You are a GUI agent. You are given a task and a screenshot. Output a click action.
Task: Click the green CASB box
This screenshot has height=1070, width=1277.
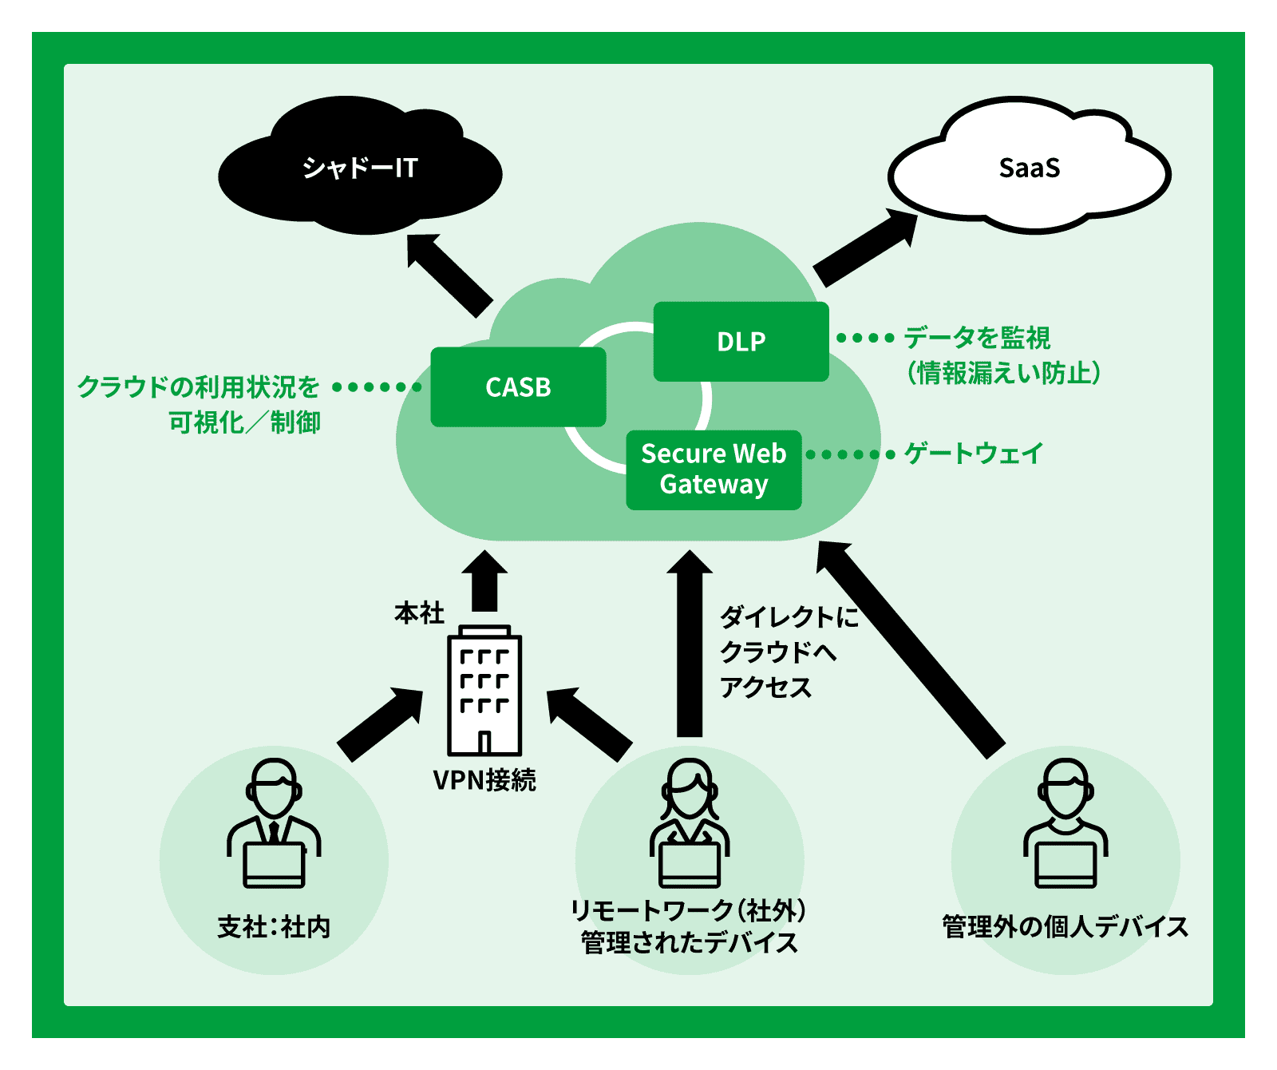pyautogui.click(x=518, y=387)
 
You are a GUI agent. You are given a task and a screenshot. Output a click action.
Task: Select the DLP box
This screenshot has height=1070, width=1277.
pyautogui.click(x=741, y=342)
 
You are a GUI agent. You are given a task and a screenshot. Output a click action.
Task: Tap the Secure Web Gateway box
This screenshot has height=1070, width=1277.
pyautogui.click(x=714, y=470)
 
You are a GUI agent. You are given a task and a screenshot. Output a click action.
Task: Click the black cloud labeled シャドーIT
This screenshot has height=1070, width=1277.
pyautogui.click(x=359, y=168)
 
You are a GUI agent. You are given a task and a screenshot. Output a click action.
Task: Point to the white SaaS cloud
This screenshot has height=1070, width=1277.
pyautogui.click(x=1029, y=168)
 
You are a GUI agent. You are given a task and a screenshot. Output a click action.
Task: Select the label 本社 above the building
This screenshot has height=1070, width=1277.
pyautogui.click(x=419, y=613)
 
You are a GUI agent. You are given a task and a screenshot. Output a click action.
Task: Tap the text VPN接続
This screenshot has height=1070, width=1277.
pyautogui.click(x=484, y=780)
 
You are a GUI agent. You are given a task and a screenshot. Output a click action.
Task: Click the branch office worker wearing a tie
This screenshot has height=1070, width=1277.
pyautogui.click(x=274, y=822)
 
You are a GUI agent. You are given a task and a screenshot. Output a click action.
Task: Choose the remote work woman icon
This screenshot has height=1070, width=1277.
pyautogui.click(x=690, y=822)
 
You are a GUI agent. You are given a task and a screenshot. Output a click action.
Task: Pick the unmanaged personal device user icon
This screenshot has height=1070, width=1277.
pyautogui.click(x=1065, y=822)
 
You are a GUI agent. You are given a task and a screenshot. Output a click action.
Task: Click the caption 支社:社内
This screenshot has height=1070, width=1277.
pyautogui.click(x=274, y=927)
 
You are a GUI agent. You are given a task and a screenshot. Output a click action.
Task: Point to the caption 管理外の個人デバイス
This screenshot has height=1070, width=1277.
pyautogui.click(x=1065, y=927)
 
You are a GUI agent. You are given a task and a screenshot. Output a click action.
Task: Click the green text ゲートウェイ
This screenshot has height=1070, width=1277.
pyautogui.click(x=973, y=454)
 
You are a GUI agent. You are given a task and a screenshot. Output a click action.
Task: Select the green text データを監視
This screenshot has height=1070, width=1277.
pyautogui.click(x=977, y=338)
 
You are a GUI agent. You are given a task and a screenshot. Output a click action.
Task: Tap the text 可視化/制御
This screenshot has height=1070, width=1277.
pyautogui.click(x=244, y=422)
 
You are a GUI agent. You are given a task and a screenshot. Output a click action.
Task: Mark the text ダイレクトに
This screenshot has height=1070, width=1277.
pyautogui.click(x=789, y=617)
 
